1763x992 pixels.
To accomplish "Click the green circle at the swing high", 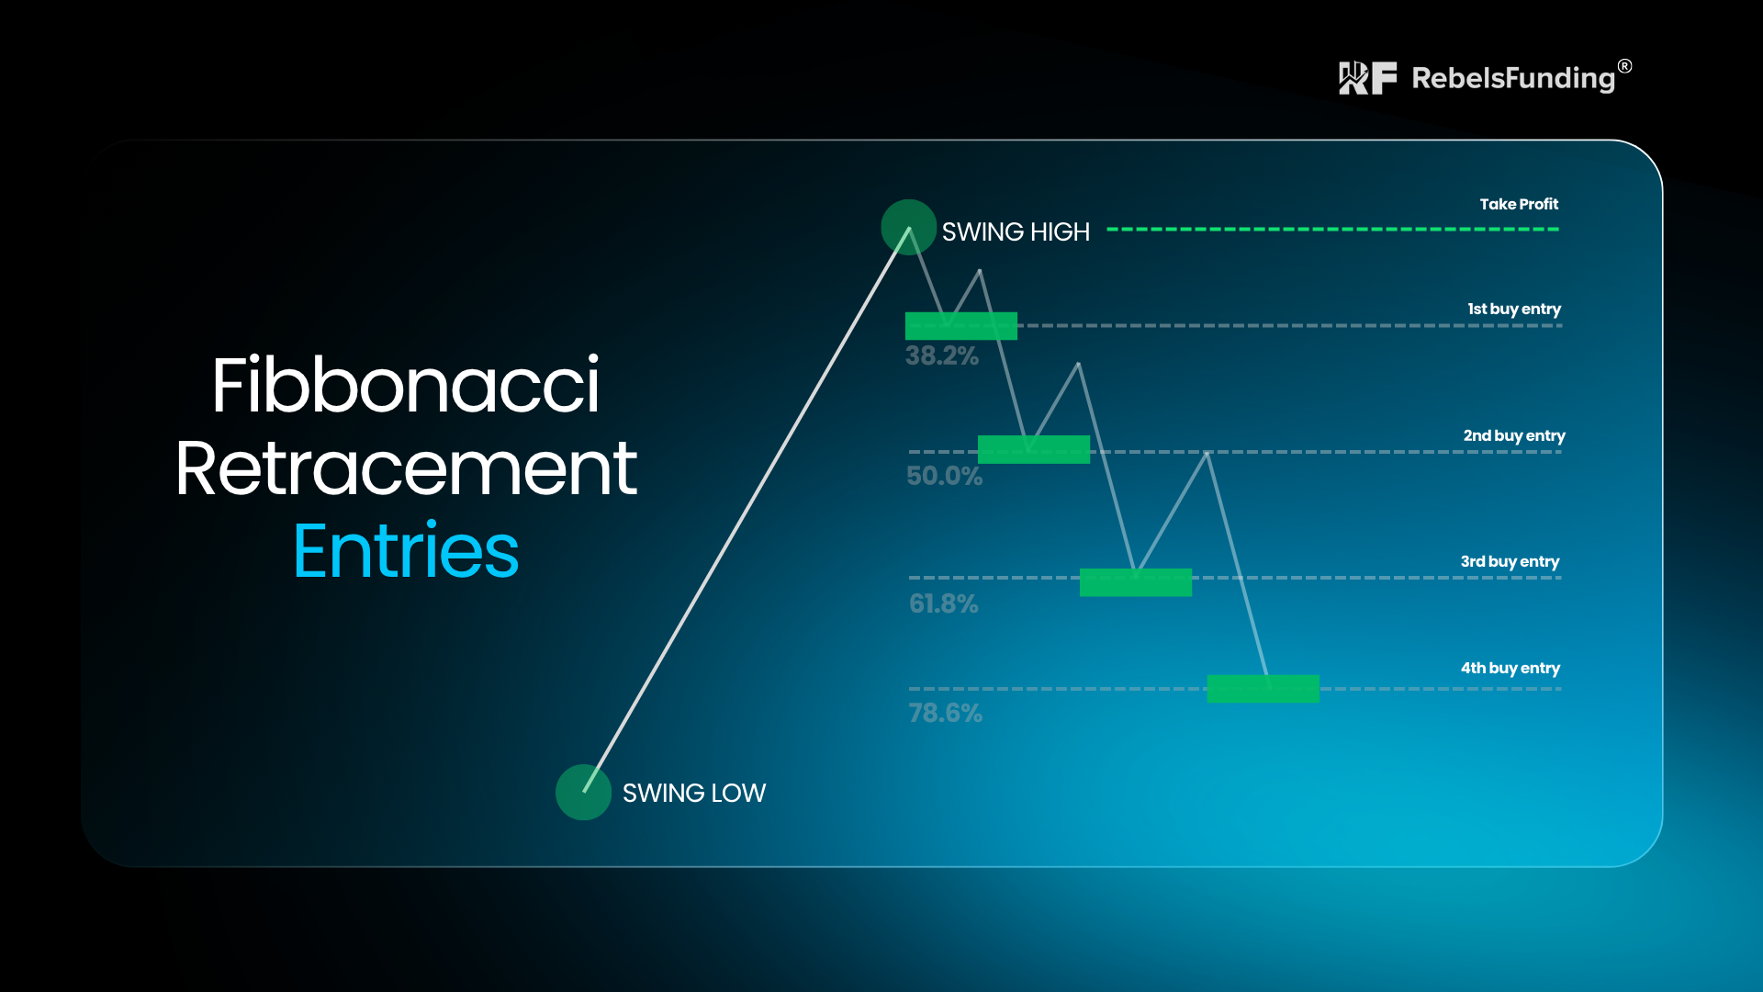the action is [x=908, y=227].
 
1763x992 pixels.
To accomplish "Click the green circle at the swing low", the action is [x=583, y=792].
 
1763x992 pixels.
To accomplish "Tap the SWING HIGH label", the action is [x=1016, y=232].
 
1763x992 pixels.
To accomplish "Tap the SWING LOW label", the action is [x=694, y=794].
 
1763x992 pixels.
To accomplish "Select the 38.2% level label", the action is [x=942, y=356].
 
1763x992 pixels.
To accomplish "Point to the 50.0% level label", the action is [x=944, y=476].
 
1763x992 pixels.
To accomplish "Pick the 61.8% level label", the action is [x=943, y=603].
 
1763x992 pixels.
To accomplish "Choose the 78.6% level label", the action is [x=945, y=713].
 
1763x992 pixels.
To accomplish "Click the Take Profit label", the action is [x=1519, y=204].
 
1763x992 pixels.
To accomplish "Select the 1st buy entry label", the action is [x=1514, y=310].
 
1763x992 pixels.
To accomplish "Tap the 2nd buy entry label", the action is [x=1514, y=436].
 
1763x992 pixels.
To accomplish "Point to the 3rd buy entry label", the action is [x=1510, y=562].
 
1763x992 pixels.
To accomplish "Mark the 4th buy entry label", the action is [x=1510, y=669].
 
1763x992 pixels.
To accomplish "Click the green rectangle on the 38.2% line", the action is [x=961, y=326].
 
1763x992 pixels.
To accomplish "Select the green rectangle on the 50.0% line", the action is [x=1034, y=450].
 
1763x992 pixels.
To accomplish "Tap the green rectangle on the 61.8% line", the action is [x=1136, y=582].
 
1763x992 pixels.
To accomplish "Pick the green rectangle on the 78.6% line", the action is [x=1263, y=689].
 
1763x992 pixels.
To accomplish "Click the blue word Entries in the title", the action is [x=406, y=551].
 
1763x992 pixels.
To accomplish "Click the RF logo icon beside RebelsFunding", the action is [x=1368, y=78].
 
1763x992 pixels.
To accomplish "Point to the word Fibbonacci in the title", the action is [x=406, y=385].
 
